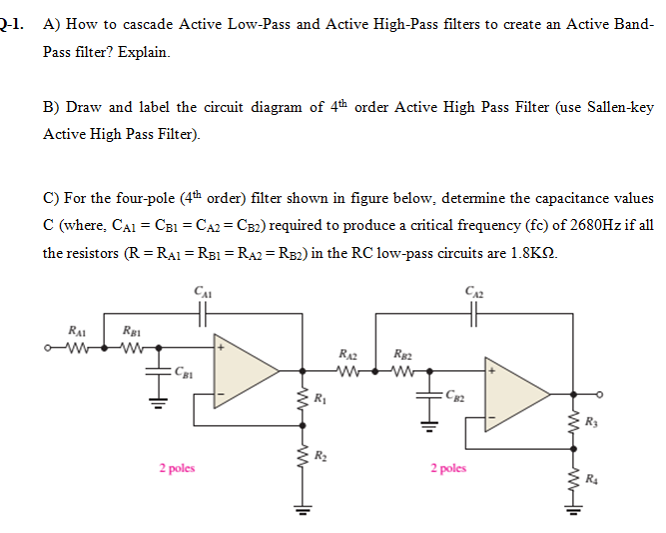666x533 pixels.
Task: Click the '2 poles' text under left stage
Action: click(x=176, y=467)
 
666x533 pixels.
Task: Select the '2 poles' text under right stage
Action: click(x=449, y=467)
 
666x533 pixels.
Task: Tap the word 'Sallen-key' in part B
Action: click(x=618, y=107)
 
